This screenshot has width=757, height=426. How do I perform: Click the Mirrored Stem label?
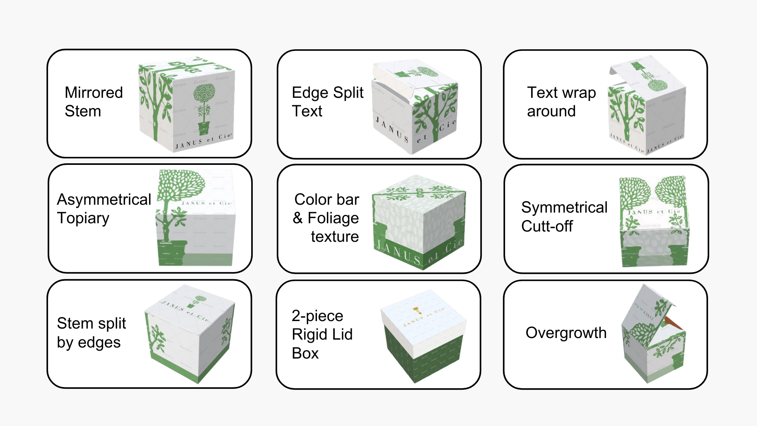(x=94, y=102)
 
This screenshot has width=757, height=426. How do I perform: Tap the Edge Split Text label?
(x=327, y=102)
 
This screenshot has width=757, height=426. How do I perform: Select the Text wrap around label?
(x=561, y=102)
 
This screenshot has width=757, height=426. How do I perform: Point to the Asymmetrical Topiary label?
(x=104, y=209)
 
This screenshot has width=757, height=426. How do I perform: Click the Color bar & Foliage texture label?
(x=326, y=218)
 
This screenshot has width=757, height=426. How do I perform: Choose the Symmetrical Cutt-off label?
(x=564, y=217)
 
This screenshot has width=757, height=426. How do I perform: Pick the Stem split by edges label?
(x=91, y=333)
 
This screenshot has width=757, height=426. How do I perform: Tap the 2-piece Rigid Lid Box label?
(x=322, y=334)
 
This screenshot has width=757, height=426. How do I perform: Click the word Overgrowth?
(x=566, y=333)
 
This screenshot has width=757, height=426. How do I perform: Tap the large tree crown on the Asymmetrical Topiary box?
(x=181, y=185)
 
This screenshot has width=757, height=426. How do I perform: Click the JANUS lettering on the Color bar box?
(x=398, y=252)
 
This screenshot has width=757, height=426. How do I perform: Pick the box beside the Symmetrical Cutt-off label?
(x=654, y=221)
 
